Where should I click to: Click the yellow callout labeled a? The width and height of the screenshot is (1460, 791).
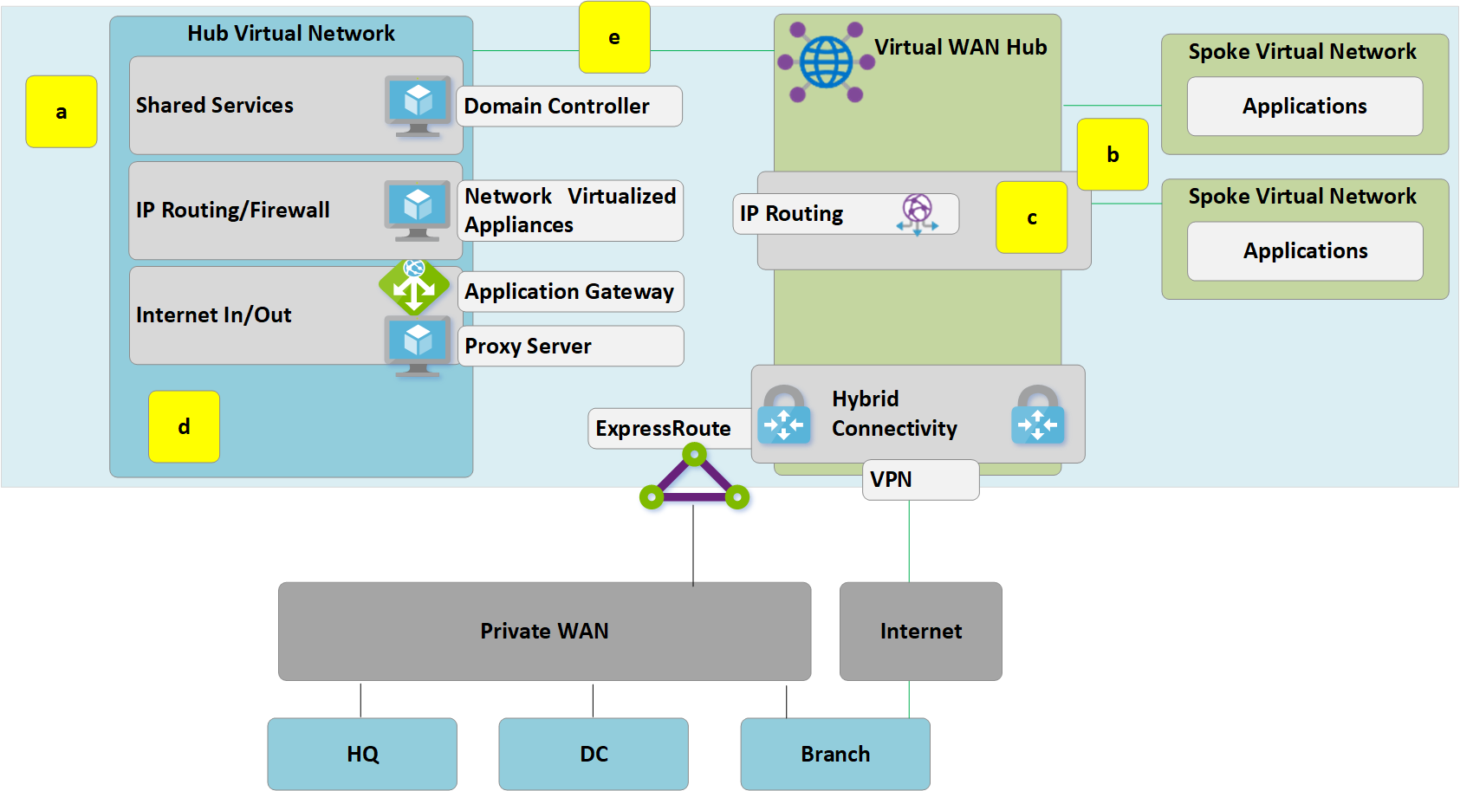pos(61,112)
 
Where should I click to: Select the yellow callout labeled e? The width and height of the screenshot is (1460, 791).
pos(614,37)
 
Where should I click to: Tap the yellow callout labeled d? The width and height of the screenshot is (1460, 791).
pos(184,426)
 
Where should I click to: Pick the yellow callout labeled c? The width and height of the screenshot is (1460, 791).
pos(1031,217)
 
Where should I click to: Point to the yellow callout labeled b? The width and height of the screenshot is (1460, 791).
pos(1113,155)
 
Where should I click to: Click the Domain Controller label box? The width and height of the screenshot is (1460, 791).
pos(569,106)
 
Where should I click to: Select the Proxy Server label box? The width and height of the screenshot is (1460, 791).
pos(570,346)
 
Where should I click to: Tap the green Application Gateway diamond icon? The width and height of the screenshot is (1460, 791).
pos(414,287)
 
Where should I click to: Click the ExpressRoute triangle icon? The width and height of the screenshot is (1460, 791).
pos(694,478)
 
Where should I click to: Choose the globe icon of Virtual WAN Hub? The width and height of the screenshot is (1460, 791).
pos(826,62)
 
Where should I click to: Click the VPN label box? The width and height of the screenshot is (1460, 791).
pos(920,480)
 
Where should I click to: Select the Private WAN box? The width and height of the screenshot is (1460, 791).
pos(544,631)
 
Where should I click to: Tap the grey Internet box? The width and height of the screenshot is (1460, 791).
pos(920,631)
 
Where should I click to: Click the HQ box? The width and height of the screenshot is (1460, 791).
pos(362,754)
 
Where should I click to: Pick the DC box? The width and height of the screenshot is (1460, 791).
pos(594,754)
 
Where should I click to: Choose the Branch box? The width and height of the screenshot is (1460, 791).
pos(835,754)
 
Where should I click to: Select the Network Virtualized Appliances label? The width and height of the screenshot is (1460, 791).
pos(569,211)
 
